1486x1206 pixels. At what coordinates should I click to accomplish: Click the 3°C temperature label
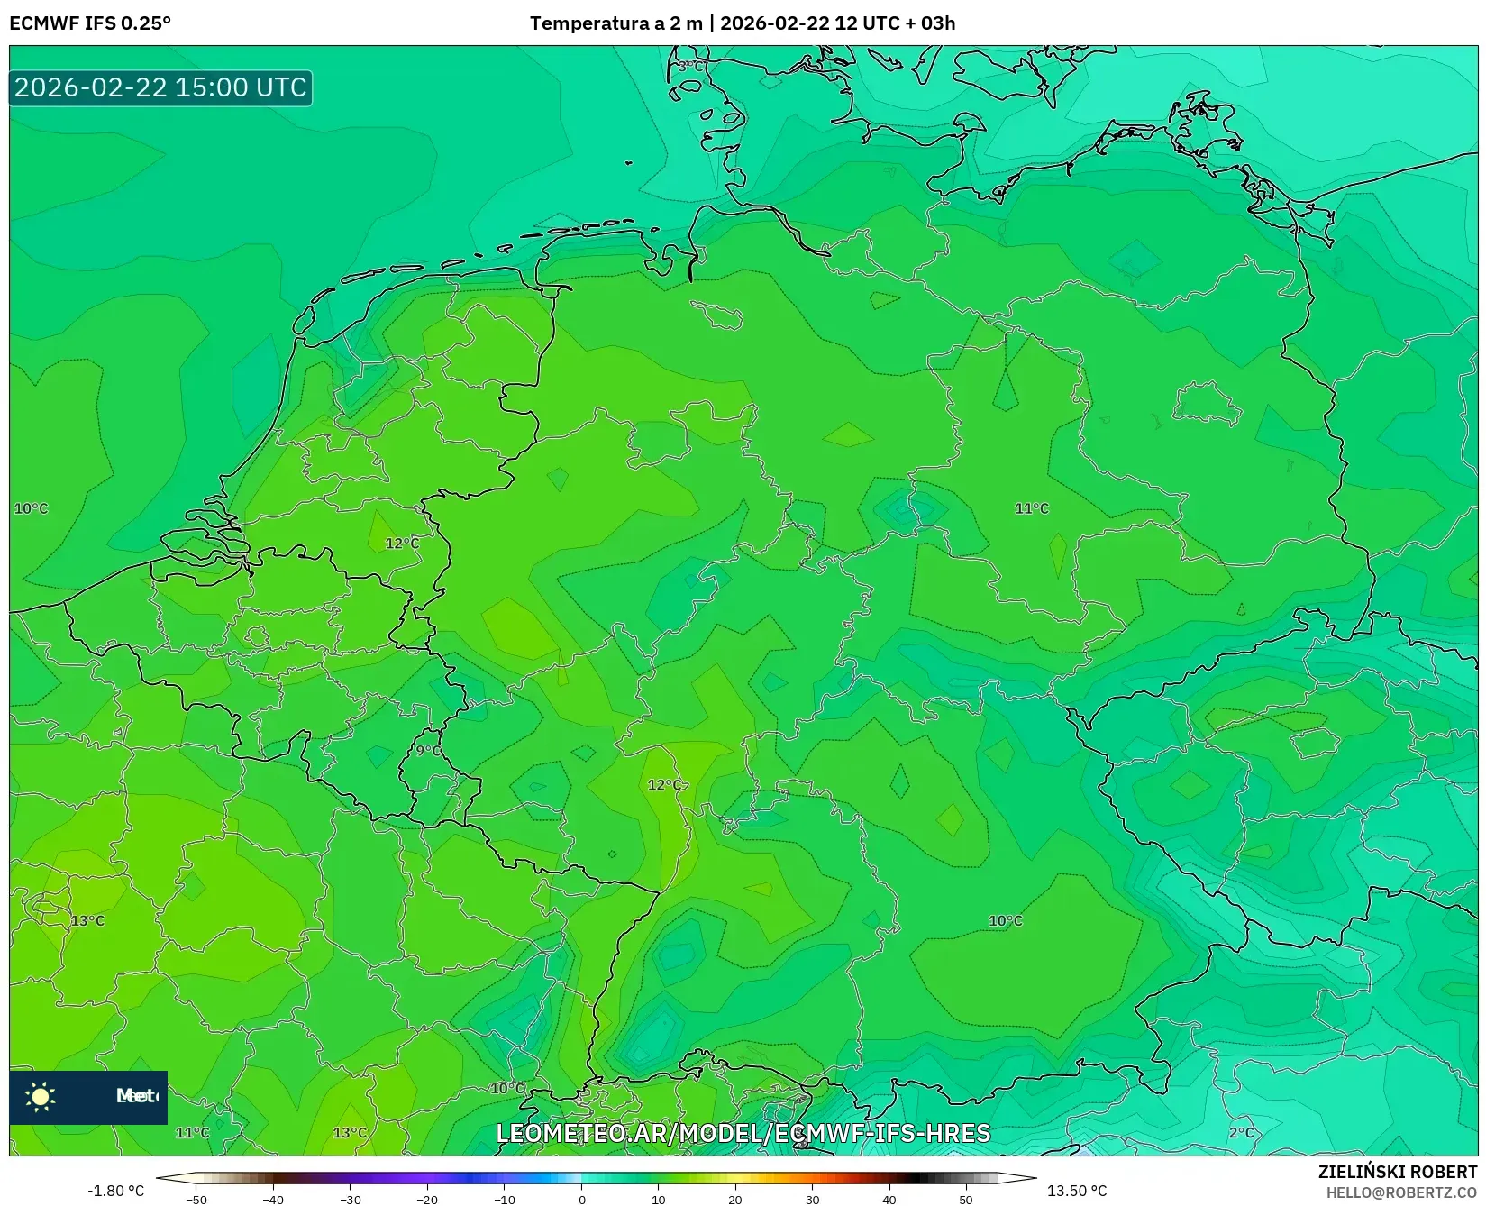691,66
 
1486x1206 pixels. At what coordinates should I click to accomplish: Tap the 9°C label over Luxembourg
428,750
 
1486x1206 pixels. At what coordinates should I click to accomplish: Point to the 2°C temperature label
1241,1132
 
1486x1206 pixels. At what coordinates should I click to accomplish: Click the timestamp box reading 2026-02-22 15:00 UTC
160,87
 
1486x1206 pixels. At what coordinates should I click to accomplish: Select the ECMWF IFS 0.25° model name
90,23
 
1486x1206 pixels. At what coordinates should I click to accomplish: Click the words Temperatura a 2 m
615,23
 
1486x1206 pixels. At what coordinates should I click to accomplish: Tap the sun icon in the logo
41,1096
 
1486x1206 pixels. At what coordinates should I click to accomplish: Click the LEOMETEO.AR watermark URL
743,1133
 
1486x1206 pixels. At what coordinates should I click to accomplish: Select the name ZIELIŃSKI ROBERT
1398,1172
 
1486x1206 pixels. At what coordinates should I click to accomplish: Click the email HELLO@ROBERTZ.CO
1401,1192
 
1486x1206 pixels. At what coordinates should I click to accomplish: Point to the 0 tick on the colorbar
582,1199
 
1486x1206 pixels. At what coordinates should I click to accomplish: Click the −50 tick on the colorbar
196,1199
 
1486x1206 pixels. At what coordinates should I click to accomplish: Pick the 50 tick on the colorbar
966,1199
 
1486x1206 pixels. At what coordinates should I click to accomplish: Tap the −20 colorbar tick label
427,1199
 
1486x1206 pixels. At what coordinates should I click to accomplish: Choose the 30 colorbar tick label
813,1199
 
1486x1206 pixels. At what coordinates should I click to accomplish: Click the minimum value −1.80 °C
115,1191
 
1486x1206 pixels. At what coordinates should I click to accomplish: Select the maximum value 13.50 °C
1077,1191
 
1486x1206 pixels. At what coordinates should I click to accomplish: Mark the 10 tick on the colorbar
659,1199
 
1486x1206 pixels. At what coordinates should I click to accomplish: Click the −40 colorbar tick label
273,1199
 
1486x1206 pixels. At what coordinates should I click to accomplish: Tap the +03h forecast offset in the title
937,23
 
